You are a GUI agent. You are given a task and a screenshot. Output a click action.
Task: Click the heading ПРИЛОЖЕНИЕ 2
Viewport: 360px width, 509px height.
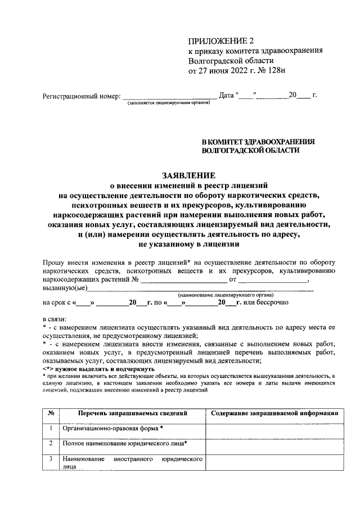221,41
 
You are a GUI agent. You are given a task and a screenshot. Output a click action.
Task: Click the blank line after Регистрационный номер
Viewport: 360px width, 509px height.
169,96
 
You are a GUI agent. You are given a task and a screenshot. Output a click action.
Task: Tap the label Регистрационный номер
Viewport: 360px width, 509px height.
82,96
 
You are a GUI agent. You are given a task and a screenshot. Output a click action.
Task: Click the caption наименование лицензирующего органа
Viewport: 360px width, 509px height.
226,295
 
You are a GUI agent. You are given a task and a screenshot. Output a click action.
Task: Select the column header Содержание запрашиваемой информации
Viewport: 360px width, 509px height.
274,413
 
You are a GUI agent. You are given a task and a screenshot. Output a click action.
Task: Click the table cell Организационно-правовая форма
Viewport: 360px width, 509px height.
112,429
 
